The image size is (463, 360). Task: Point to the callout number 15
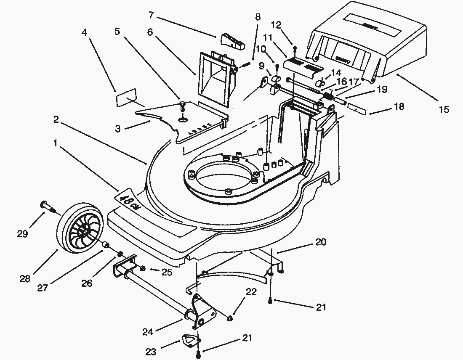pyautogui.click(x=444, y=109)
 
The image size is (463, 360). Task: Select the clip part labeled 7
pyautogui.click(x=231, y=40)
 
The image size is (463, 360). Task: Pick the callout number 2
pyautogui.click(x=56, y=119)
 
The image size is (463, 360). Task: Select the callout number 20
pyautogui.click(x=321, y=242)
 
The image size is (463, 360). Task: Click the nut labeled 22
pyautogui.click(x=230, y=319)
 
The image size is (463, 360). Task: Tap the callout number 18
pyautogui.click(x=398, y=106)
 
